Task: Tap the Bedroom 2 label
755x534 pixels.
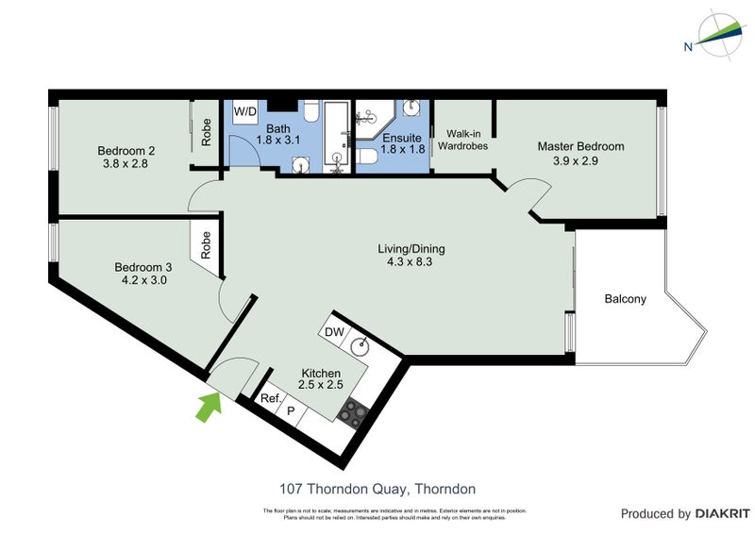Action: pyautogui.click(x=126, y=150)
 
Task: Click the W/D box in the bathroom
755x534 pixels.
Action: pyautogui.click(x=245, y=111)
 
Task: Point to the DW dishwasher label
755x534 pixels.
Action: pyautogui.click(x=334, y=332)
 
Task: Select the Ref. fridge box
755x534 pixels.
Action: pyautogui.click(x=271, y=398)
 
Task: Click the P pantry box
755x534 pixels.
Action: pyautogui.click(x=291, y=410)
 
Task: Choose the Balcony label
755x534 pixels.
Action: pyautogui.click(x=625, y=300)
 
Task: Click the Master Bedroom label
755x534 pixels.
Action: pyautogui.click(x=580, y=146)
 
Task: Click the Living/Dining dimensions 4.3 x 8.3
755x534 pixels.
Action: pyautogui.click(x=411, y=263)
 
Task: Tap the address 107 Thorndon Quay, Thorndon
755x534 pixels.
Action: pyautogui.click(x=377, y=489)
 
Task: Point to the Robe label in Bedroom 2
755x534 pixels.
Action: pyautogui.click(x=206, y=132)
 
